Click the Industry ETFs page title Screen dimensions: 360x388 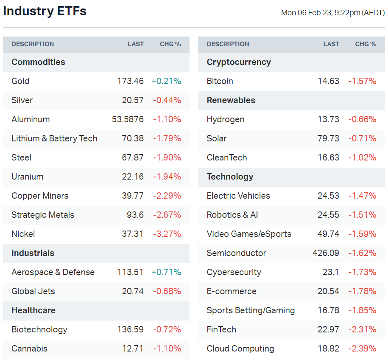pos(45,11)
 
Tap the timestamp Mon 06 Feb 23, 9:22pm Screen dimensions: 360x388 pos(332,13)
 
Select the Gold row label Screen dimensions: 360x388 pos(20,81)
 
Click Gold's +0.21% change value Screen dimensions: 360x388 pos(166,81)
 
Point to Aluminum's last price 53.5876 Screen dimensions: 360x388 pos(128,119)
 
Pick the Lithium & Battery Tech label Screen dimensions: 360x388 pos(54,138)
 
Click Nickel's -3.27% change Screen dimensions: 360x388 pos(167,234)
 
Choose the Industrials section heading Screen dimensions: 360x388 pos(33,253)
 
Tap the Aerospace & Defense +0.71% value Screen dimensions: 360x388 pos(166,272)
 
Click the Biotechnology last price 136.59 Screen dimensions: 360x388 pos(131,329)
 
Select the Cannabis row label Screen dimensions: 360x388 pos(29,349)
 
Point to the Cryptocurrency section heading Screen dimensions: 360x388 pos(238,62)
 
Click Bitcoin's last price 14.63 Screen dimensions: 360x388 pos(329,81)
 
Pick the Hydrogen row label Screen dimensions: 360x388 pos(225,119)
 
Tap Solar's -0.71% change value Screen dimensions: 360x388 pos(362,138)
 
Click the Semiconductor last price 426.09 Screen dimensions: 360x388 pos(326,253)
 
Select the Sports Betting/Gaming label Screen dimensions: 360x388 pos(251,310)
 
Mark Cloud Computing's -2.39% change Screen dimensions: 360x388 pos(362,349)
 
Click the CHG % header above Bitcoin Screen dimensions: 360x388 pos(366,44)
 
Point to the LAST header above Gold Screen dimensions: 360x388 pos(136,44)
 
